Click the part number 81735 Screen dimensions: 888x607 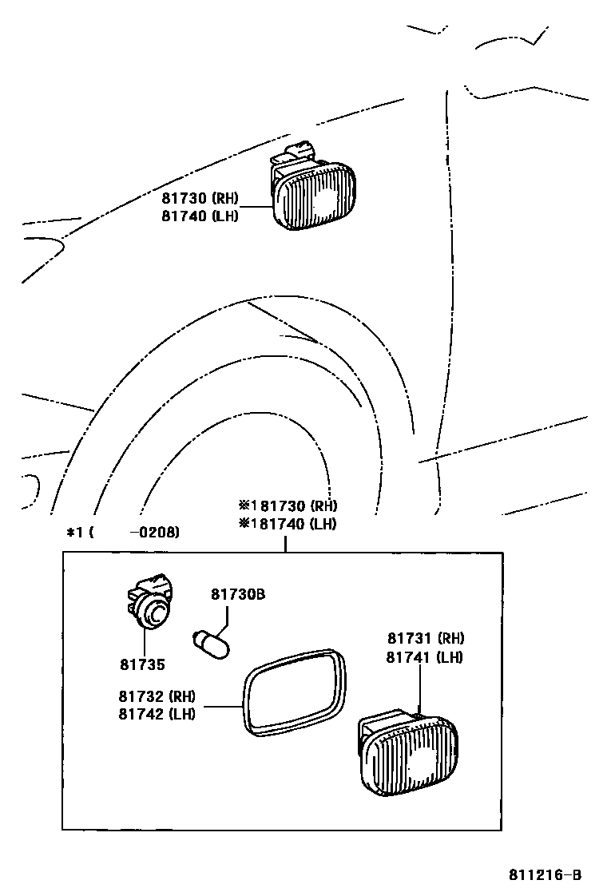(x=143, y=664)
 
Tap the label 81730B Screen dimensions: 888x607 (x=238, y=594)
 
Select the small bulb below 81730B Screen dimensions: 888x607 (x=212, y=643)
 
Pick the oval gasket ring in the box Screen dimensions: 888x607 (x=296, y=692)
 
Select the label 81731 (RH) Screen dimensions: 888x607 (x=426, y=638)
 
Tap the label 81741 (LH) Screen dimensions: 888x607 (x=425, y=657)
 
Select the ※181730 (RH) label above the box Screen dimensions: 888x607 (x=288, y=505)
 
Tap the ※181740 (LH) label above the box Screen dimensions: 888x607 (x=287, y=524)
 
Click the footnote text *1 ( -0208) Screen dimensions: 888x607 (x=123, y=532)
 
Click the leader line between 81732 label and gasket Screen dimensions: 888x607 (x=223, y=706)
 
